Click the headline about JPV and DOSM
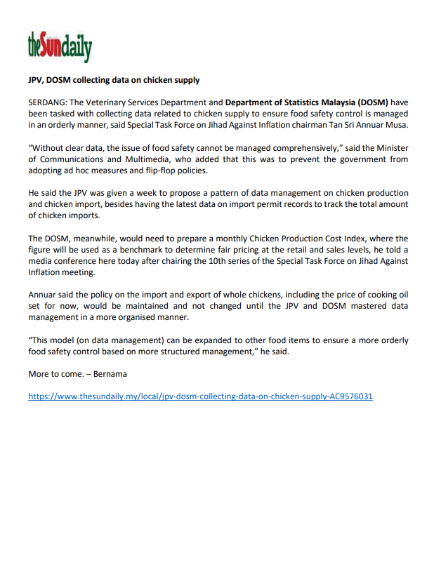click(114, 81)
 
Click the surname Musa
click(396, 125)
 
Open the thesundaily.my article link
click(200, 396)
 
